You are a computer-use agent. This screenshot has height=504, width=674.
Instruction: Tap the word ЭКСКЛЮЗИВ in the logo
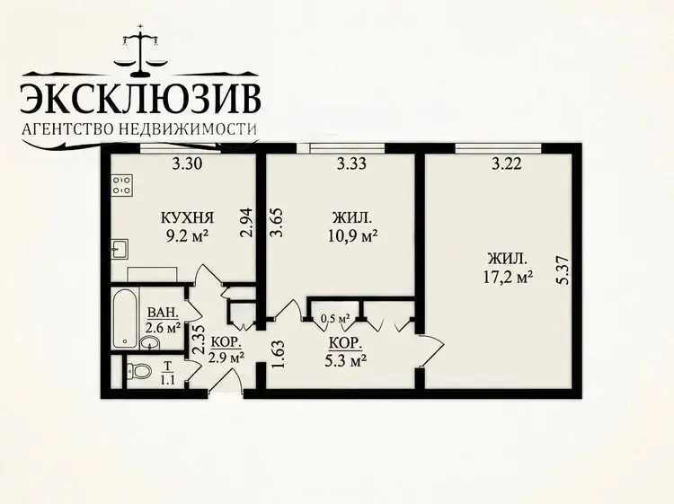point(140,99)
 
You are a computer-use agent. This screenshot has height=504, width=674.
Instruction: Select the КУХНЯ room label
point(187,217)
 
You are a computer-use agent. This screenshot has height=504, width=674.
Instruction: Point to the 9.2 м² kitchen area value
point(188,236)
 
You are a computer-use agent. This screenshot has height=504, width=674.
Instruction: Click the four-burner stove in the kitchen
point(122,185)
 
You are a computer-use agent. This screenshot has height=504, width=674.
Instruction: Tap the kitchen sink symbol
point(119,249)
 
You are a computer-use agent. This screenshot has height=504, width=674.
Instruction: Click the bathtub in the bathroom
point(126,318)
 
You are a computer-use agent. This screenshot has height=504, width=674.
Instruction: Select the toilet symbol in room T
point(138,370)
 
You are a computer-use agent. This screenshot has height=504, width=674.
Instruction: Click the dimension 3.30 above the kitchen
point(187,164)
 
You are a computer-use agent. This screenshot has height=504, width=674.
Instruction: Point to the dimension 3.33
point(351,164)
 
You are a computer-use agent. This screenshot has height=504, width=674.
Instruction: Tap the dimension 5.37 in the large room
point(563,270)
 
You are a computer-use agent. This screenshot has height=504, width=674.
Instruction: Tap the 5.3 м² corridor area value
point(347,360)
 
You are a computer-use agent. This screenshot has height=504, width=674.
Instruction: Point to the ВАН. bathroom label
point(163,313)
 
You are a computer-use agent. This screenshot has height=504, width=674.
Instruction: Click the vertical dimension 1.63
point(279,355)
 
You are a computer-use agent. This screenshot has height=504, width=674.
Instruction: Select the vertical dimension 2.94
point(246,223)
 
